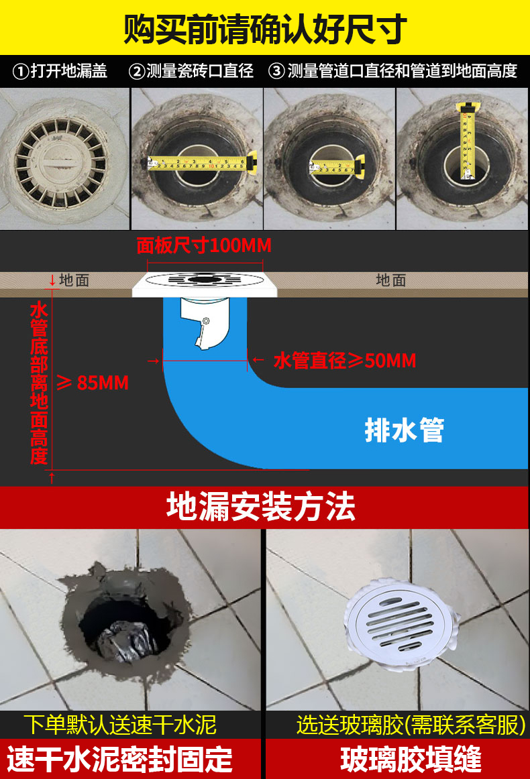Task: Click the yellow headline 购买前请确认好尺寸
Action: [x=265, y=27]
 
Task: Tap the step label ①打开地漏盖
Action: [x=61, y=71]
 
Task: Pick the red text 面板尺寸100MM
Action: [x=204, y=245]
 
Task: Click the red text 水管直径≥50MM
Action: [x=345, y=361]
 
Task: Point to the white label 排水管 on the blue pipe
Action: [x=404, y=430]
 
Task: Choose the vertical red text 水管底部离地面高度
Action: [x=39, y=383]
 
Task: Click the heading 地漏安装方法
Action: [x=261, y=507]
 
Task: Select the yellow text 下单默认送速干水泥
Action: [x=120, y=724]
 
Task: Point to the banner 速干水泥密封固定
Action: [x=120, y=760]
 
